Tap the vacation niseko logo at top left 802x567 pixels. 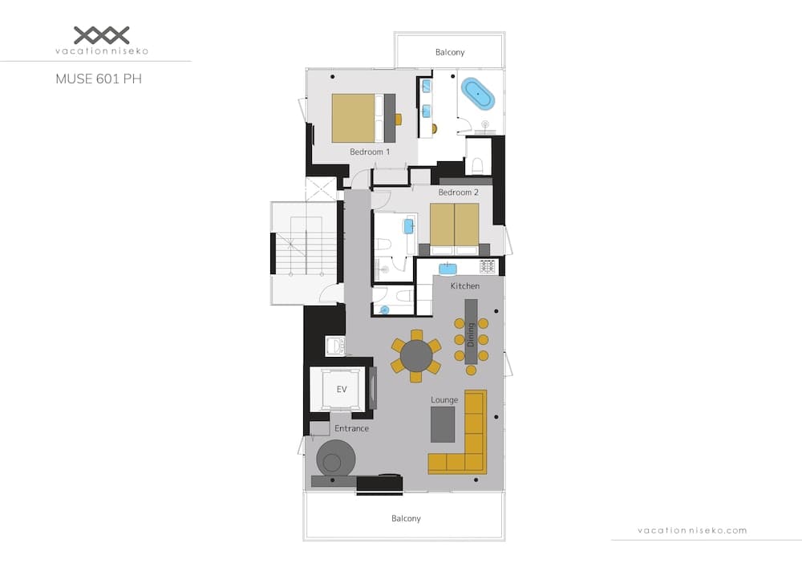tap(101, 40)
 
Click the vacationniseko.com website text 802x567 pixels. tap(692, 530)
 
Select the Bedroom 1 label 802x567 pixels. tap(370, 152)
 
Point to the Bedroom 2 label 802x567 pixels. tap(458, 192)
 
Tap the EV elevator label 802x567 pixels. tap(341, 390)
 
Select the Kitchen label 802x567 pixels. tap(464, 286)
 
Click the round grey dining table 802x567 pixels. tap(416, 355)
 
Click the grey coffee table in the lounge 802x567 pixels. tap(443, 424)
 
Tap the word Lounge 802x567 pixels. tap(444, 399)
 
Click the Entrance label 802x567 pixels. tap(351, 428)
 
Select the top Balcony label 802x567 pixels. tap(450, 52)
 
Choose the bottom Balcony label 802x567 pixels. tap(406, 518)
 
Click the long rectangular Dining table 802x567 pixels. tap(471, 331)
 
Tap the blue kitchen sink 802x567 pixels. tap(448, 268)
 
